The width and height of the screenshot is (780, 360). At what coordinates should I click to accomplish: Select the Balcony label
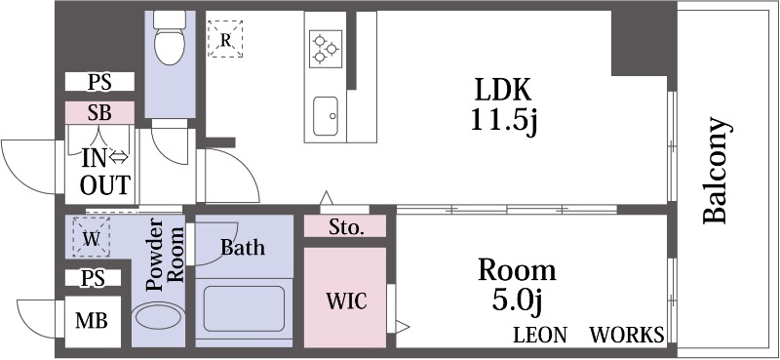[x=717, y=172]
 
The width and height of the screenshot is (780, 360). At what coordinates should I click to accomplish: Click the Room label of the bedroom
[x=516, y=269]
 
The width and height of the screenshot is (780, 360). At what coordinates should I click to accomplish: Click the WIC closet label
[x=345, y=300]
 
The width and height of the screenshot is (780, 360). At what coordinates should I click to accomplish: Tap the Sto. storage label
[x=345, y=229]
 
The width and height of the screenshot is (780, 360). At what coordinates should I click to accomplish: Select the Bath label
[x=242, y=248]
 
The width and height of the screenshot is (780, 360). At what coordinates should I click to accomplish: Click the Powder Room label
[x=164, y=260]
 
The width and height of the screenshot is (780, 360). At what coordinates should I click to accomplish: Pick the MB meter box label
[x=93, y=319]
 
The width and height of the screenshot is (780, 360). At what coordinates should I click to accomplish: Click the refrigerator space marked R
[x=226, y=40]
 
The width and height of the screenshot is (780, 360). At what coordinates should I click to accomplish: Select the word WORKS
[x=627, y=335]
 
